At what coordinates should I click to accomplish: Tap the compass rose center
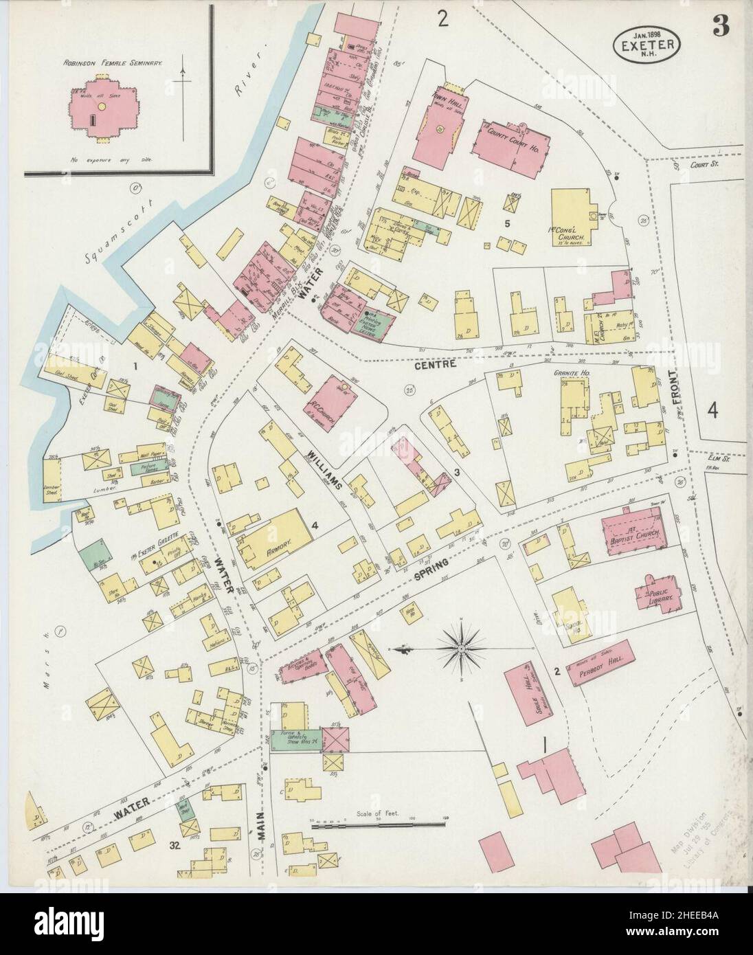[463, 647]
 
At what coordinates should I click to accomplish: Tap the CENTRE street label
[436, 366]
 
